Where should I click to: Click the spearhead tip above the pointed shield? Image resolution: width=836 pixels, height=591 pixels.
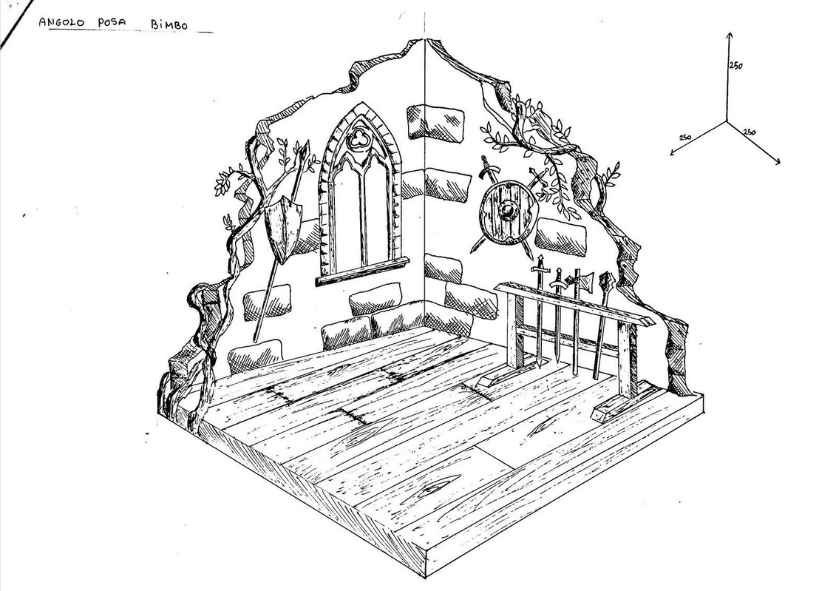(x=303, y=150)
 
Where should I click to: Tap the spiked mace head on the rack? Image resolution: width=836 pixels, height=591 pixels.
(x=608, y=281)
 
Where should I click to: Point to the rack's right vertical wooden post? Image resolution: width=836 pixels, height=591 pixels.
(x=628, y=362)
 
